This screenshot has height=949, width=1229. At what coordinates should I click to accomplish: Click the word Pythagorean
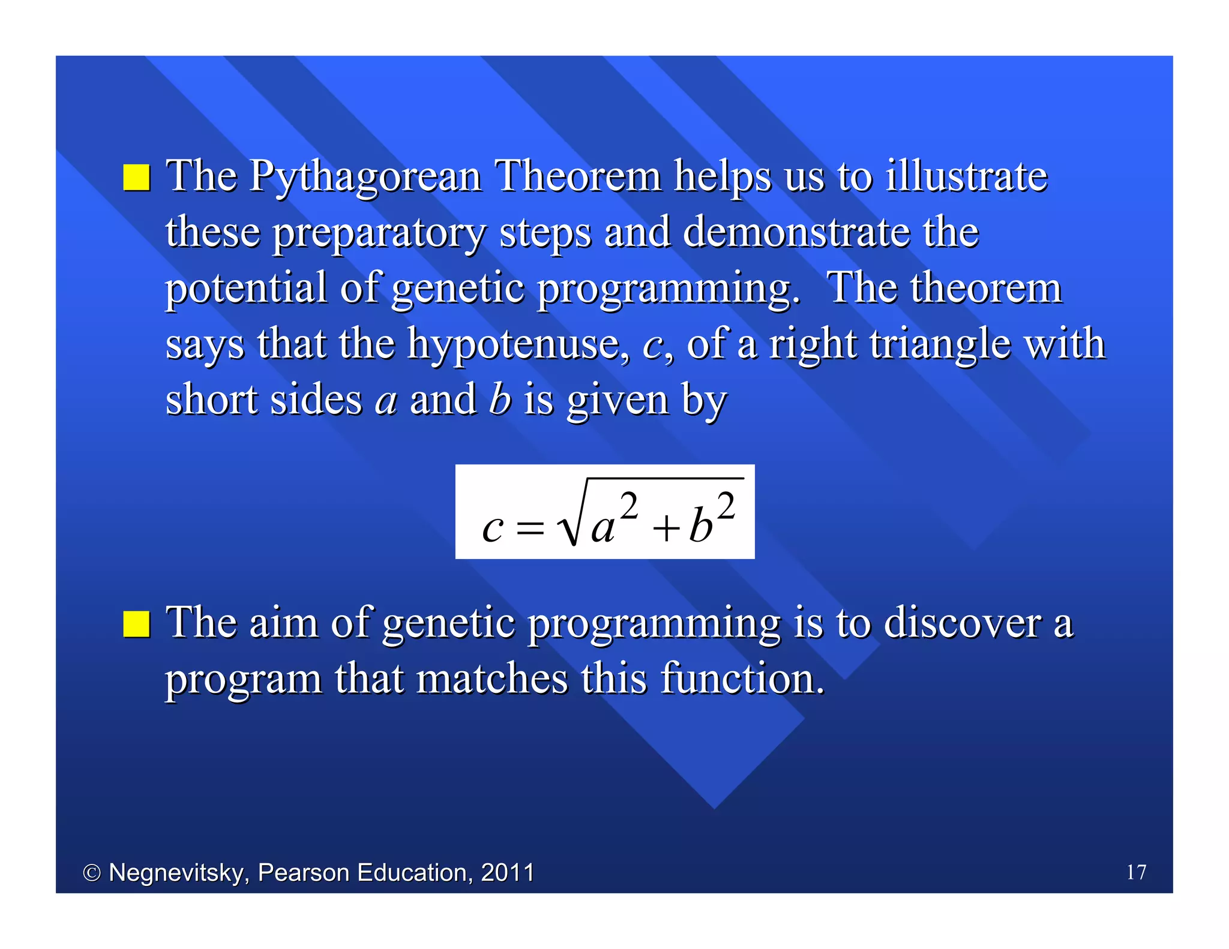[365, 178]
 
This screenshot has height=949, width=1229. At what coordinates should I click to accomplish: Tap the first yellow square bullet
[136, 178]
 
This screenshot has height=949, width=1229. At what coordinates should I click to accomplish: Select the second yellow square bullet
[136, 623]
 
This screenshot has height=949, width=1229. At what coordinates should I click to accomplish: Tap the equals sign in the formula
[530, 528]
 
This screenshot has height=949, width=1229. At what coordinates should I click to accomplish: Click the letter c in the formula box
[492, 528]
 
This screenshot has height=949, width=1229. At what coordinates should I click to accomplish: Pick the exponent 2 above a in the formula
[628, 506]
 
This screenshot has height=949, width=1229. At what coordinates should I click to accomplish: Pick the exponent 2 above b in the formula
[726, 506]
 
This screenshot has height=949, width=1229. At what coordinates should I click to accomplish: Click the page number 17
[1136, 872]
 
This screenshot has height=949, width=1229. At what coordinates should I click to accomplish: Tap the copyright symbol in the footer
[91, 873]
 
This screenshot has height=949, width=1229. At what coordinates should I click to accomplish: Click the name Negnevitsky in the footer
[178, 873]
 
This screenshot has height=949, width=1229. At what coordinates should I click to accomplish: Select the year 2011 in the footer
[507, 872]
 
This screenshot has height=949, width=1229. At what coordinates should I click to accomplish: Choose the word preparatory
[379, 234]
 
